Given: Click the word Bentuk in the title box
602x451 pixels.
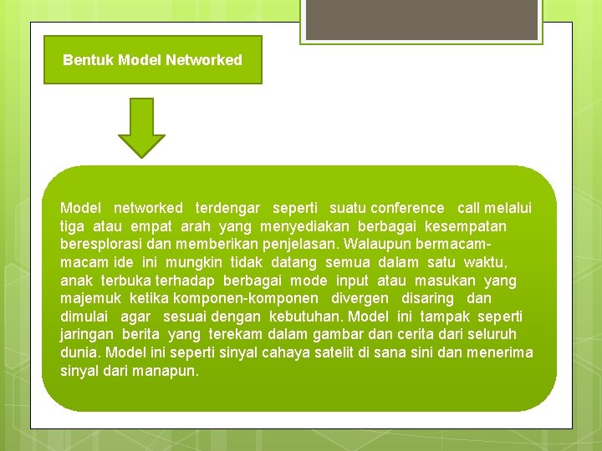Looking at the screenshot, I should [89, 60].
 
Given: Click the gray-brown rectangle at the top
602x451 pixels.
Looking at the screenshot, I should [420, 18].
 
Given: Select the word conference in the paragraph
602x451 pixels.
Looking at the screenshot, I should [407, 208].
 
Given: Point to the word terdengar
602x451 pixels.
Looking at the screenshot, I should [227, 208].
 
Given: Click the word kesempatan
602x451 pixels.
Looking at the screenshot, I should [466, 226].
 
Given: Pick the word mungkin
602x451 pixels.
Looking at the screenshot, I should [188, 263].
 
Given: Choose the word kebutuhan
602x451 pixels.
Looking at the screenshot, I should [305, 317].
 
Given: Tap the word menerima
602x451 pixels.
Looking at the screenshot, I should [499, 352].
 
